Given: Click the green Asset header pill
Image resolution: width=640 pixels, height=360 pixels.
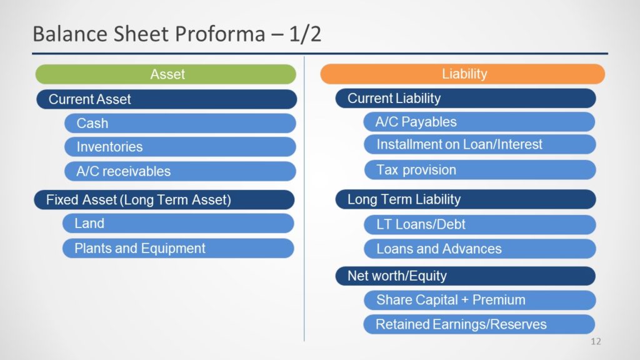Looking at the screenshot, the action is tap(166, 74).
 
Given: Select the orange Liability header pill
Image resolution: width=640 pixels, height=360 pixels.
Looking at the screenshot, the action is tap(462, 74).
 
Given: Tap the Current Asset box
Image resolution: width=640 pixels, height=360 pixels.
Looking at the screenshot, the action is tap(166, 99).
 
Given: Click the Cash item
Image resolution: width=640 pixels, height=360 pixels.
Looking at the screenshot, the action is tap(180, 123).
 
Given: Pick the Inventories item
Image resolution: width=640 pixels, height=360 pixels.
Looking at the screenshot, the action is tap(180, 147).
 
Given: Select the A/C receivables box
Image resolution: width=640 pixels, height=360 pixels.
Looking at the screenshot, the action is tap(180, 171).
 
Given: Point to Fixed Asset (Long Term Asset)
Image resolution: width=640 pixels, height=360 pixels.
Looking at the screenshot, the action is tap(164, 200).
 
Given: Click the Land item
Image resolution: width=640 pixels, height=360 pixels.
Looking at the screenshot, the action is tap(178, 224).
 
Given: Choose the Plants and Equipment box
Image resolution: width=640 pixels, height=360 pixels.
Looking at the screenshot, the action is tap(178, 249).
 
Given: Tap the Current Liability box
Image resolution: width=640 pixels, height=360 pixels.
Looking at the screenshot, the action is tap(466, 98).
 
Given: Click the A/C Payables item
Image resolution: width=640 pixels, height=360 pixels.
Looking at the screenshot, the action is tap(479, 122).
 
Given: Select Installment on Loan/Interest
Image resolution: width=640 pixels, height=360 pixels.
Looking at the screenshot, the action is tap(479, 144).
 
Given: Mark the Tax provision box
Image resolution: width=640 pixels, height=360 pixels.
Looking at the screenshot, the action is tap(480, 170).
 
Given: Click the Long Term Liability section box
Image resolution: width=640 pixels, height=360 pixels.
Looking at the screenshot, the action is tap(466, 199).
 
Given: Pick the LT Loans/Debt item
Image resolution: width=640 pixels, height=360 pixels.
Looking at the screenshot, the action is tap(479, 225).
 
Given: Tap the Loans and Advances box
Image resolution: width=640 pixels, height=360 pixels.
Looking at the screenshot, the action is tap(479, 249).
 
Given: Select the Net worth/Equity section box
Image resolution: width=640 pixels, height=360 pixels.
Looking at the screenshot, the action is tap(465, 276).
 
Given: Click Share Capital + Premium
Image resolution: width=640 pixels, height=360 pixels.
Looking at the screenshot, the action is tap(479, 301).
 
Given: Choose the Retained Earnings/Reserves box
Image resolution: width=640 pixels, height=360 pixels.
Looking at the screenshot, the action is tap(479, 324).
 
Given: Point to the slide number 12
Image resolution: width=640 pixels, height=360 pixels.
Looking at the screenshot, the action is tap(596, 342).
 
